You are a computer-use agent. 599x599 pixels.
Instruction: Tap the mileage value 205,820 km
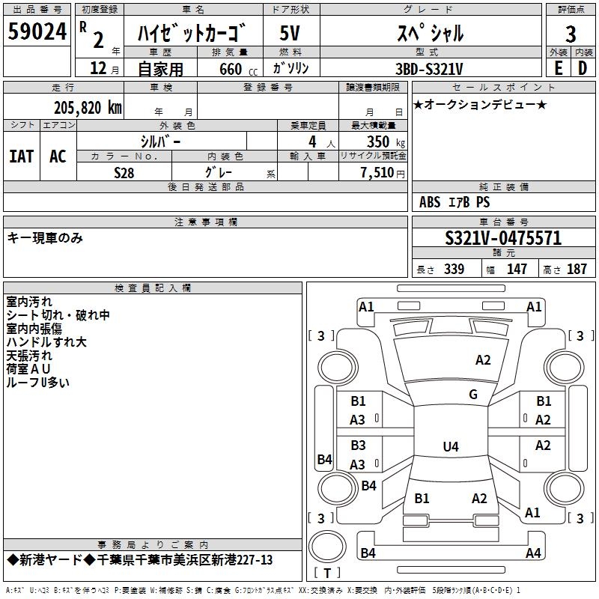point(87,107)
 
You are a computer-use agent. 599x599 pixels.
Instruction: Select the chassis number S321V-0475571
point(503,239)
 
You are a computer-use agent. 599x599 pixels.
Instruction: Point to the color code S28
point(124,172)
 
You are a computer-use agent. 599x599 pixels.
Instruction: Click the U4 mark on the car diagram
point(450,447)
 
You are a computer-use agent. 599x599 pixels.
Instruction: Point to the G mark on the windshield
point(473,395)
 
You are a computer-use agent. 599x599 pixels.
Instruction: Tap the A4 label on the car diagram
point(533,553)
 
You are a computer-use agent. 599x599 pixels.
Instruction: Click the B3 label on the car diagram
point(358,446)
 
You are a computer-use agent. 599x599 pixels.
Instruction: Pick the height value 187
point(577,270)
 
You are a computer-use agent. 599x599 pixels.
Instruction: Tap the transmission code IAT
point(21,156)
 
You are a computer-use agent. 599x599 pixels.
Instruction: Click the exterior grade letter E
point(558,67)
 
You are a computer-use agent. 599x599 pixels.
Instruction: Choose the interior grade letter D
point(583,67)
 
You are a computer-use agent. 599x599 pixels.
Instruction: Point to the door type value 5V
point(291,32)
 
